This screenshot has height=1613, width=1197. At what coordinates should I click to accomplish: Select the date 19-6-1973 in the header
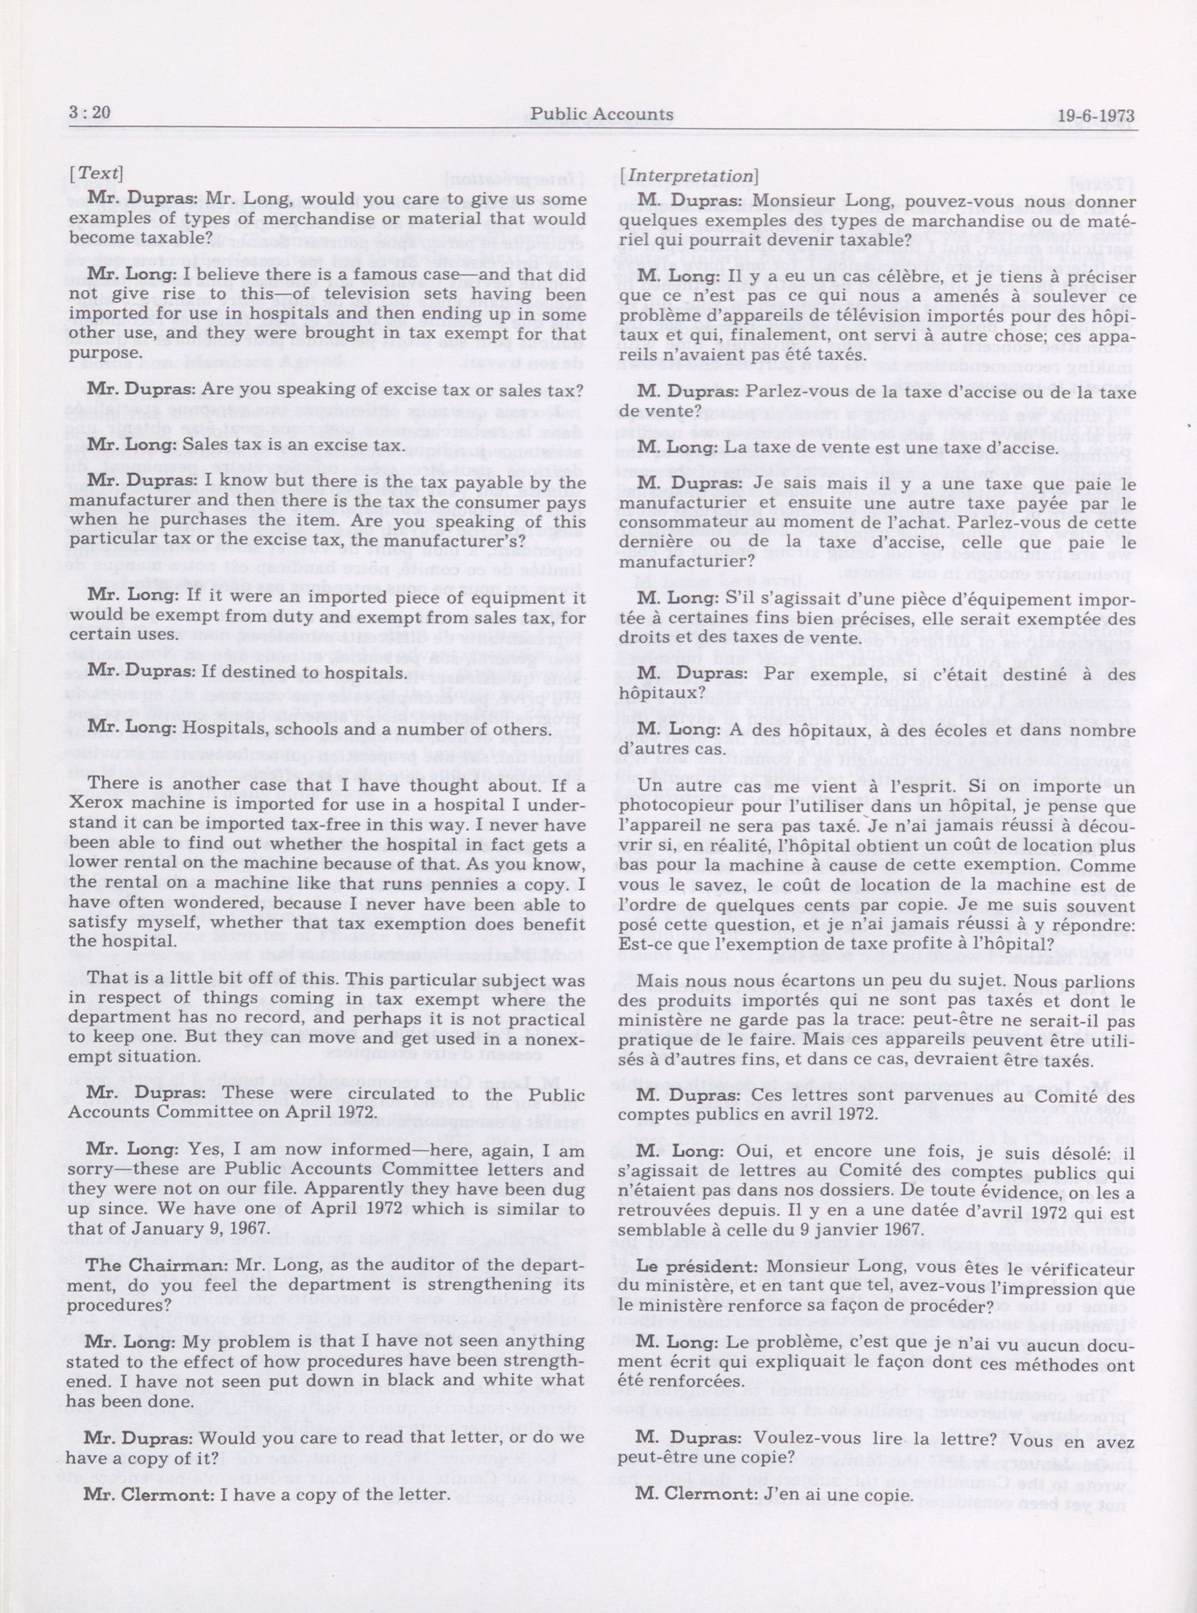pos(1096,116)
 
